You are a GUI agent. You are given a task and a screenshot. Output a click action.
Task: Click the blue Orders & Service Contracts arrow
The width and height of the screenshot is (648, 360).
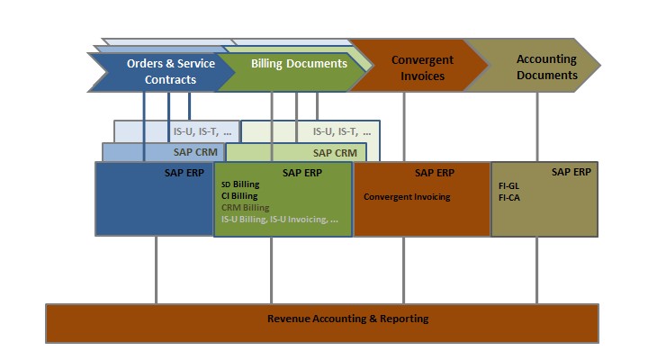(x=157, y=72)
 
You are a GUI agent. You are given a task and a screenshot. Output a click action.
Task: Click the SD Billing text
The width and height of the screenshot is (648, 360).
(x=239, y=184)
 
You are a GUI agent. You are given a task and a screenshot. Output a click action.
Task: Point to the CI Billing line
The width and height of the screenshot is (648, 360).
(x=239, y=195)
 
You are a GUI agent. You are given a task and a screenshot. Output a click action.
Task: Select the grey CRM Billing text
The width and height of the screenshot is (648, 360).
(x=245, y=207)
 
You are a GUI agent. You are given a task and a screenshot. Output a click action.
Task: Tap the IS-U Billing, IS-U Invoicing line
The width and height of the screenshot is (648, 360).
(x=279, y=219)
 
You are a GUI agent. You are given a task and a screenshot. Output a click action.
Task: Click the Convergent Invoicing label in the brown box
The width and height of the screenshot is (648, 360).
(x=407, y=196)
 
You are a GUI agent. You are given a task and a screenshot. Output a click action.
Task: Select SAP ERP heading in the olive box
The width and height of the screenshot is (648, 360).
(x=571, y=171)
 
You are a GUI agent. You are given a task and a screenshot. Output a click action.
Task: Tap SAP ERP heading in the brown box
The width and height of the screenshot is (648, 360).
(x=435, y=172)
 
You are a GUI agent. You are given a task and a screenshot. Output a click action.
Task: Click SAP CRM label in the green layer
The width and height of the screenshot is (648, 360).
(x=334, y=153)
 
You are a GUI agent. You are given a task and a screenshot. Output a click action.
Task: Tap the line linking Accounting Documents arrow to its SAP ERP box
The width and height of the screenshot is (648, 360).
(x=537, y=126)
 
